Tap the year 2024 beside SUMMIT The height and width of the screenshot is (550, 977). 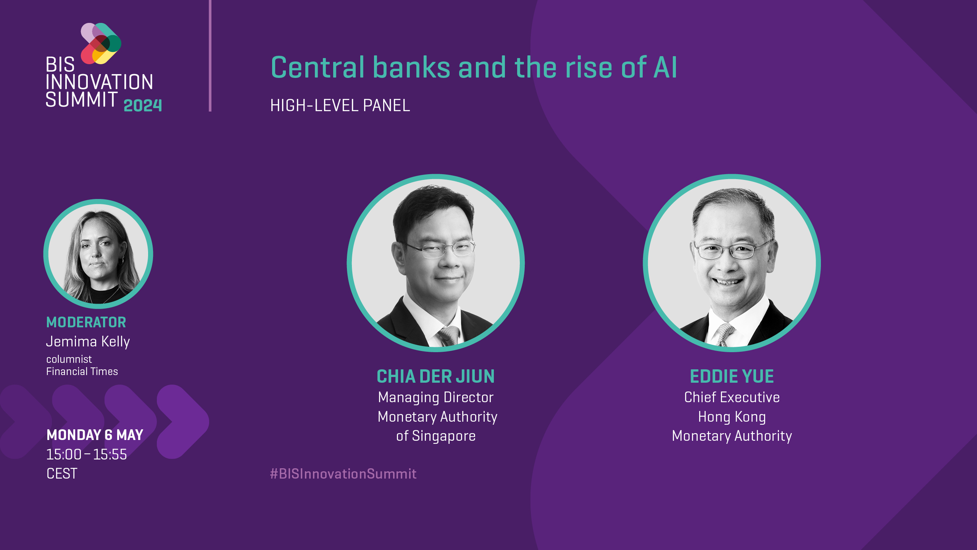coord(143,105)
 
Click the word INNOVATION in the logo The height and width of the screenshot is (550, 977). coord(100,82)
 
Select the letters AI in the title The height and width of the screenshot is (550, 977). coord(665,68)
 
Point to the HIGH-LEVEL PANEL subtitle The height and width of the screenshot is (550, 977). coord(340,105)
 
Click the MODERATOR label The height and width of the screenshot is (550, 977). coord(86,322)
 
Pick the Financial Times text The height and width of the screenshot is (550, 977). coord(82,372)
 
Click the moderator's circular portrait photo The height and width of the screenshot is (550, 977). coord(98,254)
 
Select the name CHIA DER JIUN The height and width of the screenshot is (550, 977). coord(436,377)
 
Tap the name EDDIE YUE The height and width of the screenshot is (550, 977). coord(732,377)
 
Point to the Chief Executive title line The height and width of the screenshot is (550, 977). coord(732,397)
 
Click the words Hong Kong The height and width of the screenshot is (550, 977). coord(732,417)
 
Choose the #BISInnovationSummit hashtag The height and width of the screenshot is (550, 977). coord(343,474)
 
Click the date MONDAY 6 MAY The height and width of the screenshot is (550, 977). coord(95,435)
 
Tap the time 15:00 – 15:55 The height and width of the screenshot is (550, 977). coord(87,455)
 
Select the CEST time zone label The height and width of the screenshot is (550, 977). coord(62,474)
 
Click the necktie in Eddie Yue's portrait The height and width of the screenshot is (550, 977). coord(724,335)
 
